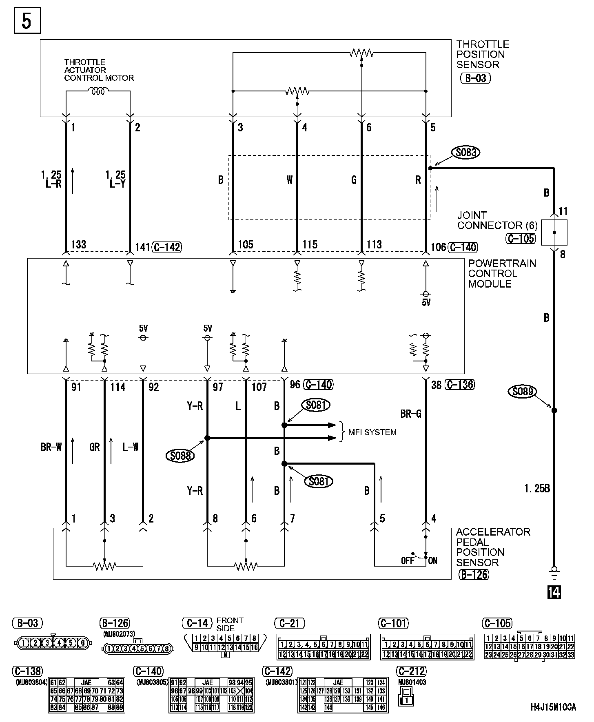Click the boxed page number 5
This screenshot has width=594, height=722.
[x=27, y=22]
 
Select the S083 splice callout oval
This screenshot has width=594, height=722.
[x=465, y=153]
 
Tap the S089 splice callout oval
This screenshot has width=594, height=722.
[x=523, y=392]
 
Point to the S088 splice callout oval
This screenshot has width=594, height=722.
[x=180, y=455]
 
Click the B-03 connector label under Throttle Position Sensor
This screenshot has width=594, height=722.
[x=475, y=78]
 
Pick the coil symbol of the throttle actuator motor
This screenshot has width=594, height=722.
[x=98, y=92]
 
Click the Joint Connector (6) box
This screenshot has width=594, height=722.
[x=554, y=233]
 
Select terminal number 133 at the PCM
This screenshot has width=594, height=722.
[x=79, y=245]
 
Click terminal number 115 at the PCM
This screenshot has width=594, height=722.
[x=310, y=245]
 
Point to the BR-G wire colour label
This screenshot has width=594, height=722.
[x=411, y=414]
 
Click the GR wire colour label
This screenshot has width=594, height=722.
[x=94, y=447]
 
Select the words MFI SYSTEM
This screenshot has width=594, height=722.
[x=372, y=432]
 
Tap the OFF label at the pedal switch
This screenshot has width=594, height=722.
[x=408, y=561]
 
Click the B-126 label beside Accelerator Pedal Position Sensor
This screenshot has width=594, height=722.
[x=474, y=575]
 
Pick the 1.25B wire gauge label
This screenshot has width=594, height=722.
[x=537, y=488]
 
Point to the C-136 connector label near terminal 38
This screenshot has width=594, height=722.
[x=460, y=385]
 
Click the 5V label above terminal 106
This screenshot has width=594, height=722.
[x=426, y=303]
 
